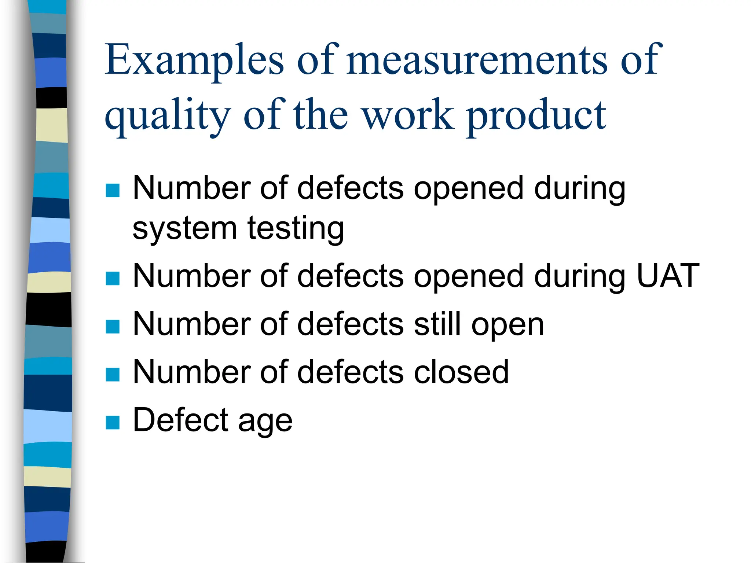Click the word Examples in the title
(x=194, y=59)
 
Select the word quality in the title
(x=167, y=115)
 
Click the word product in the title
(x=536, y=115)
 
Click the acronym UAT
(x=668, y=276)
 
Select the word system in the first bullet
(x=184, y=229)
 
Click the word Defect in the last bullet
(x=180, y=420)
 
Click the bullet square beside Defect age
(x=113, y=422)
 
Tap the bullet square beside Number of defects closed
(x=113, y=375)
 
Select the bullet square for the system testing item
(x=113, y=190)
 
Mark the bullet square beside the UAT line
(x=113, y=279)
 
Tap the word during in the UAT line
(x=579, y=277)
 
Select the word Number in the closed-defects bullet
(x=191, y=372)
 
